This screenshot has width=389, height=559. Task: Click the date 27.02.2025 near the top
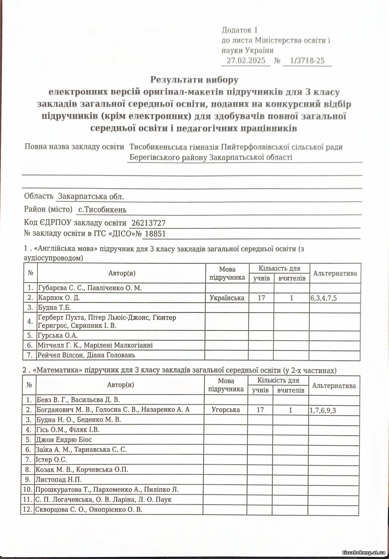pyautogui.click(x=246, y=60)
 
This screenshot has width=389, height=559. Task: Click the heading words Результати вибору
pyautogui.click(x=194, y=80)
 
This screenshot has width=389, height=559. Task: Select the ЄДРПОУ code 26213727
pyautogui.click(x=148, y=223)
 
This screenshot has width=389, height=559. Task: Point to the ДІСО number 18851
pyautogui.click(x=155, y=234)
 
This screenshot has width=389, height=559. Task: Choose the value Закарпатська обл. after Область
pyautogui.click(x=91, y=196)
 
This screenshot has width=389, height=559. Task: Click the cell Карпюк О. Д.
pyautogui.click(x=59, y=298)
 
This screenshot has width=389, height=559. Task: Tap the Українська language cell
pyautogui.click(x=227, y=298)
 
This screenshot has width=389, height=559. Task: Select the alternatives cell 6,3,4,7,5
pyautogui.click(x=324, y=298)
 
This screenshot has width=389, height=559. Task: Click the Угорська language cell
pyautogui.click(x=226, y=410)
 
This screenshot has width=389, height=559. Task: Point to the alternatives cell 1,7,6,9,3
pyautogui.click(x=323, y=410)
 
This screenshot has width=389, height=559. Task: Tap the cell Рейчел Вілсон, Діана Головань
pyautogui.click(x=86, y=355)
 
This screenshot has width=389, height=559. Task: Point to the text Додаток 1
pyautogui.click(x=240, y=30)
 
